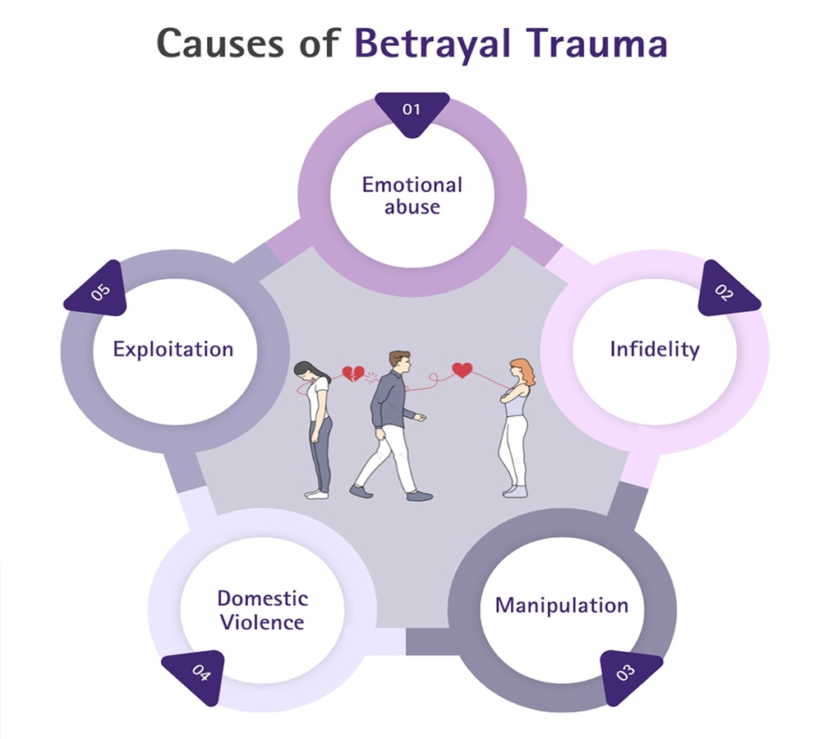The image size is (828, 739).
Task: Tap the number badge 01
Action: click(x=412, y=108)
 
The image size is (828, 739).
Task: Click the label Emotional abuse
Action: click(x=412, y=195)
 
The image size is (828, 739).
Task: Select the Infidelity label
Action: click(x=655, y=349)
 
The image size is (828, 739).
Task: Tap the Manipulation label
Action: click(x=562, y=606)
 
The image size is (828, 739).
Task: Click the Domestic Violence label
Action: click(x=262, y=609)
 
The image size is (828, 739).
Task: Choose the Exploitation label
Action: click(x=173, y=349)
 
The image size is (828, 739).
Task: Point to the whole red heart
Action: click(x=462, y=370)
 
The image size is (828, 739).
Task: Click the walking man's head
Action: click(x=398, y=361)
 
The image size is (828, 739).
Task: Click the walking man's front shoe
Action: click(x=420, y=496)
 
